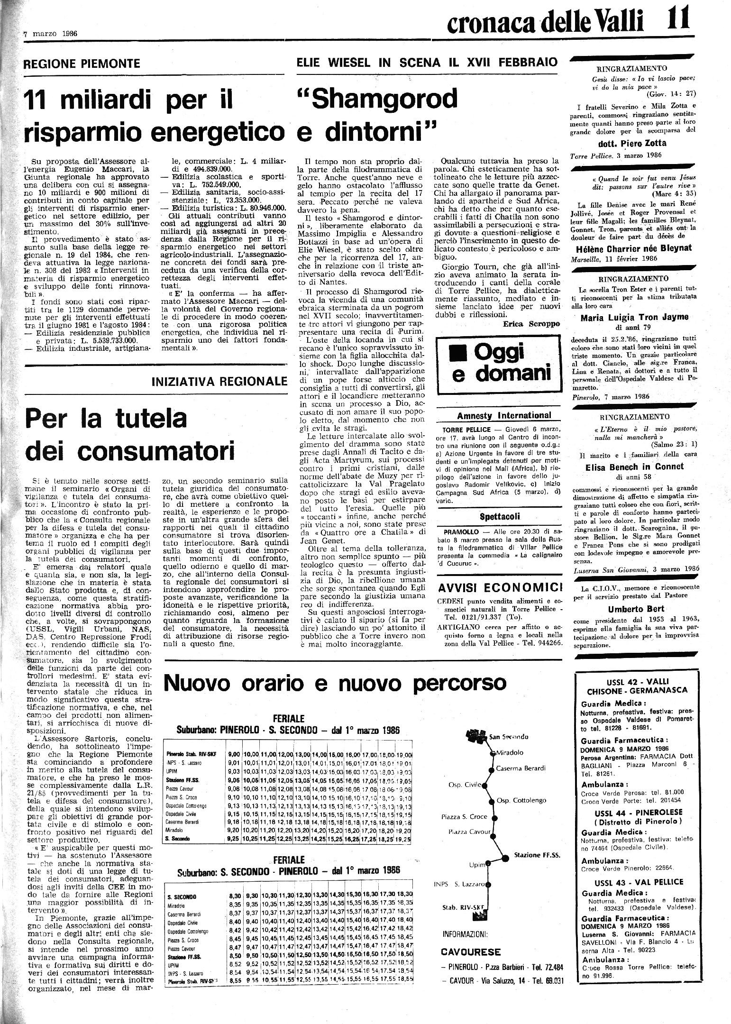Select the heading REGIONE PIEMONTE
tap(82, 64)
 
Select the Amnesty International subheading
tap(504, 416)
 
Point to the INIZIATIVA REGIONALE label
tap(219, 381)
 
